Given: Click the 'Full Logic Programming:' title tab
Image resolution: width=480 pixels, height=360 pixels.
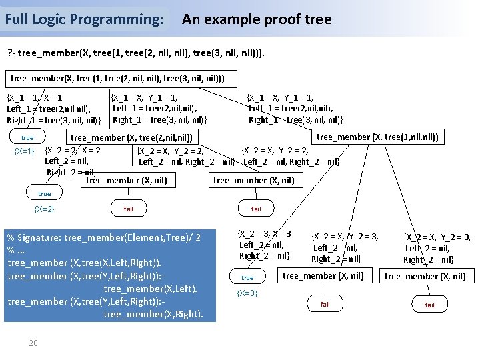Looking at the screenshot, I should pyautogui.click(x=84, y=19).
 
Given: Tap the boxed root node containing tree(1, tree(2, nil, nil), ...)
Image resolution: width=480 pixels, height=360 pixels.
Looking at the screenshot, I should pyautogui.click(x=117, y=79).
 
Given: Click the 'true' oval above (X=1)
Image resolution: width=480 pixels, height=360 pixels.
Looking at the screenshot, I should pyautogui.click(x=27, y=138).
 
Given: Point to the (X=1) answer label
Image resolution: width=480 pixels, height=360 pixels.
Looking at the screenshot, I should pyautogui.click(x=25, y=151).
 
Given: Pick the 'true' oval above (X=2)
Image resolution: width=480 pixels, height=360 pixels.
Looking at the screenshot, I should pyautogui.click(x=44, y=194).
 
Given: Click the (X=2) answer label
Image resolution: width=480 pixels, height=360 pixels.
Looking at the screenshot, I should pyautogui.click(x=44, y=209).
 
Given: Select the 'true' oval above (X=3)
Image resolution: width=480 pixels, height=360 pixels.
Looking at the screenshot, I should pyautogui.click(x=247, y=277).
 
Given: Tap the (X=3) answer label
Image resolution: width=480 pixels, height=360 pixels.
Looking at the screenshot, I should pyautogui.click(x=247, y=293).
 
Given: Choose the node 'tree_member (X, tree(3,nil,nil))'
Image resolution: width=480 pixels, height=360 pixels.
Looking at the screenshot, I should pyautogui.click(x=377, y=137).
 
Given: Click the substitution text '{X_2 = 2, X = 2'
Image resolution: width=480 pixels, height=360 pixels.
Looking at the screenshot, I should pyautogui.click(x=73, y=150).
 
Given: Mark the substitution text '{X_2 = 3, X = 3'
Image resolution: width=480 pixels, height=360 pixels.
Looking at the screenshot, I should pyautogui.click(x=265, y=233).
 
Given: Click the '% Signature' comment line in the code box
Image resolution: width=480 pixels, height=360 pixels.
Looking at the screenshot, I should pyautogui.click(x=103, y=237).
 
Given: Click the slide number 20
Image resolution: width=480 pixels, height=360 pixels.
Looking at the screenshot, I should pyautogui.click(x=33, y=343).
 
